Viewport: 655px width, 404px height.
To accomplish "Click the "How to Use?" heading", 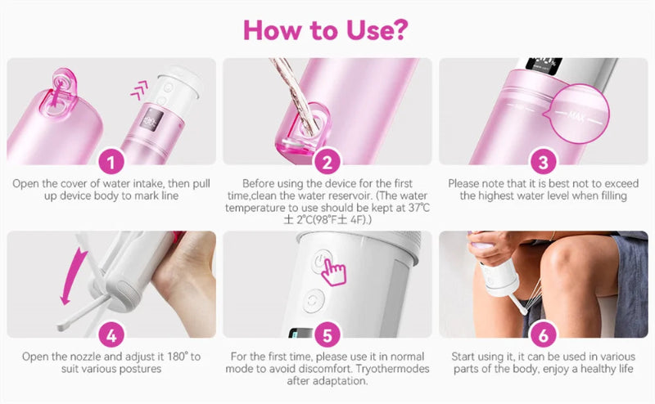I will point(327,29).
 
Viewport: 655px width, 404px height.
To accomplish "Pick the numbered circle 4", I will point(111,334).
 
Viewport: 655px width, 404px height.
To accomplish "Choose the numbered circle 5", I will point(327,334).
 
